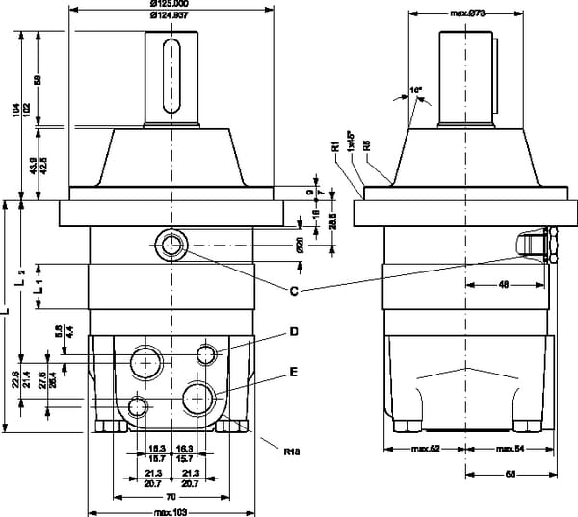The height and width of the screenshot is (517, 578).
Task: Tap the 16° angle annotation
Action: pos(416,90)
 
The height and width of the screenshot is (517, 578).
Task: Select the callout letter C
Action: pos(292,290)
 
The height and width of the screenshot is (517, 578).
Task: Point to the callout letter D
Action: pos(293,332)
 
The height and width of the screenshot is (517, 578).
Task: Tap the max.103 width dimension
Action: pos(171,511)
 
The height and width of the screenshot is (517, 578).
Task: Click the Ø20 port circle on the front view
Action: pos(173,245)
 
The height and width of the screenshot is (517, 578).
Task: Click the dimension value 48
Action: pos(503,283)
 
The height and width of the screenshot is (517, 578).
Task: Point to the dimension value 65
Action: pos(512,473)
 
